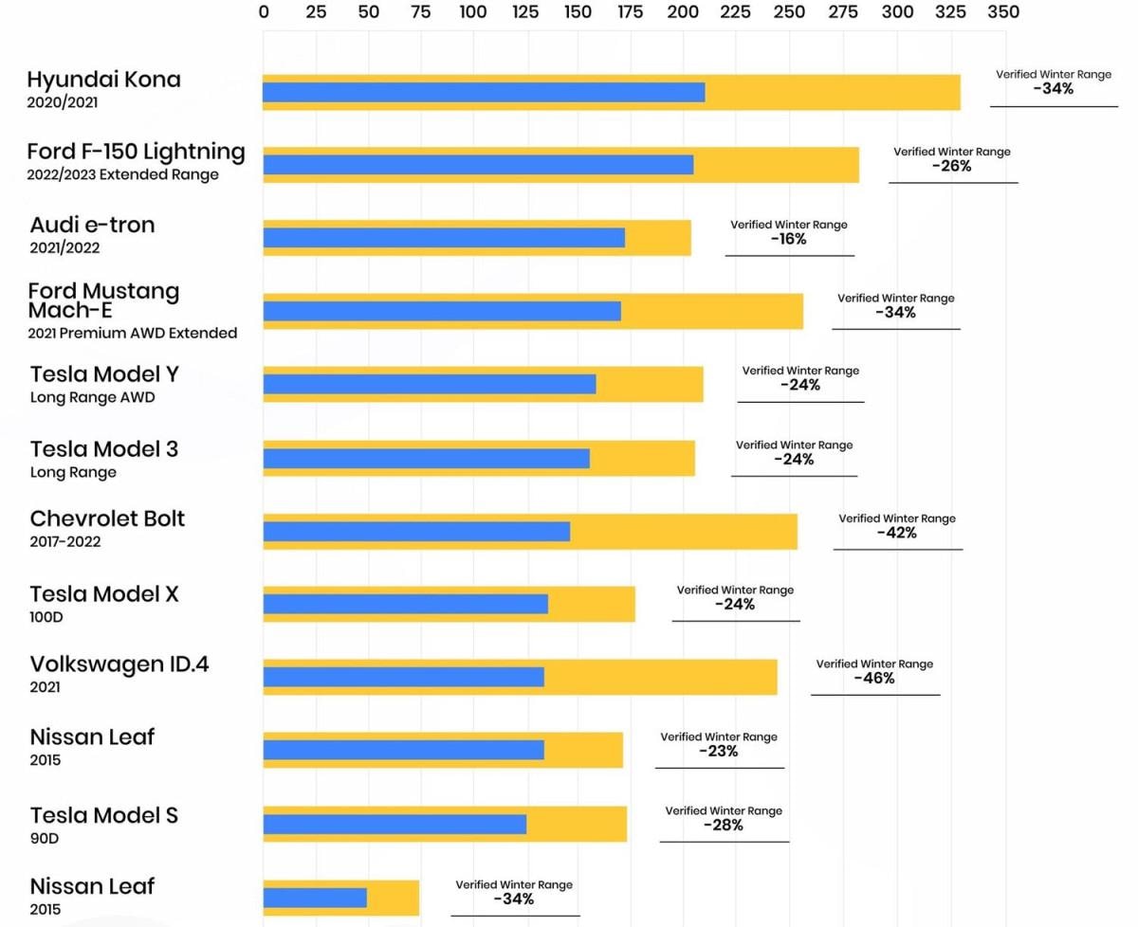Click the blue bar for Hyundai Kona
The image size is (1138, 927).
pos(484,92)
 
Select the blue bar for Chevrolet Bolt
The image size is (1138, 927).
pos(416,532)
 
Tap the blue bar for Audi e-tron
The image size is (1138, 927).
pos(444,238)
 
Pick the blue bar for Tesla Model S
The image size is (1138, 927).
pos(395,825)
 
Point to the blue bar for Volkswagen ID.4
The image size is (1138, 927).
pos(403,677)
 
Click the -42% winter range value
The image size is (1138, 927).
pos(897,533)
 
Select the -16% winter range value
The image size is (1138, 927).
pos(789,239)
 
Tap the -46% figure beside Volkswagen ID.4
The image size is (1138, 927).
pos(874,679)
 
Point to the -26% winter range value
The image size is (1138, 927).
pos(952,166)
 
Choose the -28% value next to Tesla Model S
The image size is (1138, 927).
pos(724,826)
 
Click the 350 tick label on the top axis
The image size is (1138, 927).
pos(1003,12)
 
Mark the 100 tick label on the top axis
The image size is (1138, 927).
pos(473,12)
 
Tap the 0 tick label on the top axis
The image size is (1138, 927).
pos(264,12)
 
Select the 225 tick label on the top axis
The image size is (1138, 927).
pos(736,12)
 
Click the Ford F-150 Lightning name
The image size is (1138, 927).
pos(136,151)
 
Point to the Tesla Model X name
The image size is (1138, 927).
pos(104,594)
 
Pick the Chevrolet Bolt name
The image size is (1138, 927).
pos(107,518)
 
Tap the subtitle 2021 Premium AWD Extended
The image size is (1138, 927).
pos(133,333)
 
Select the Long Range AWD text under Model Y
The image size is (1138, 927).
pos(92,397)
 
